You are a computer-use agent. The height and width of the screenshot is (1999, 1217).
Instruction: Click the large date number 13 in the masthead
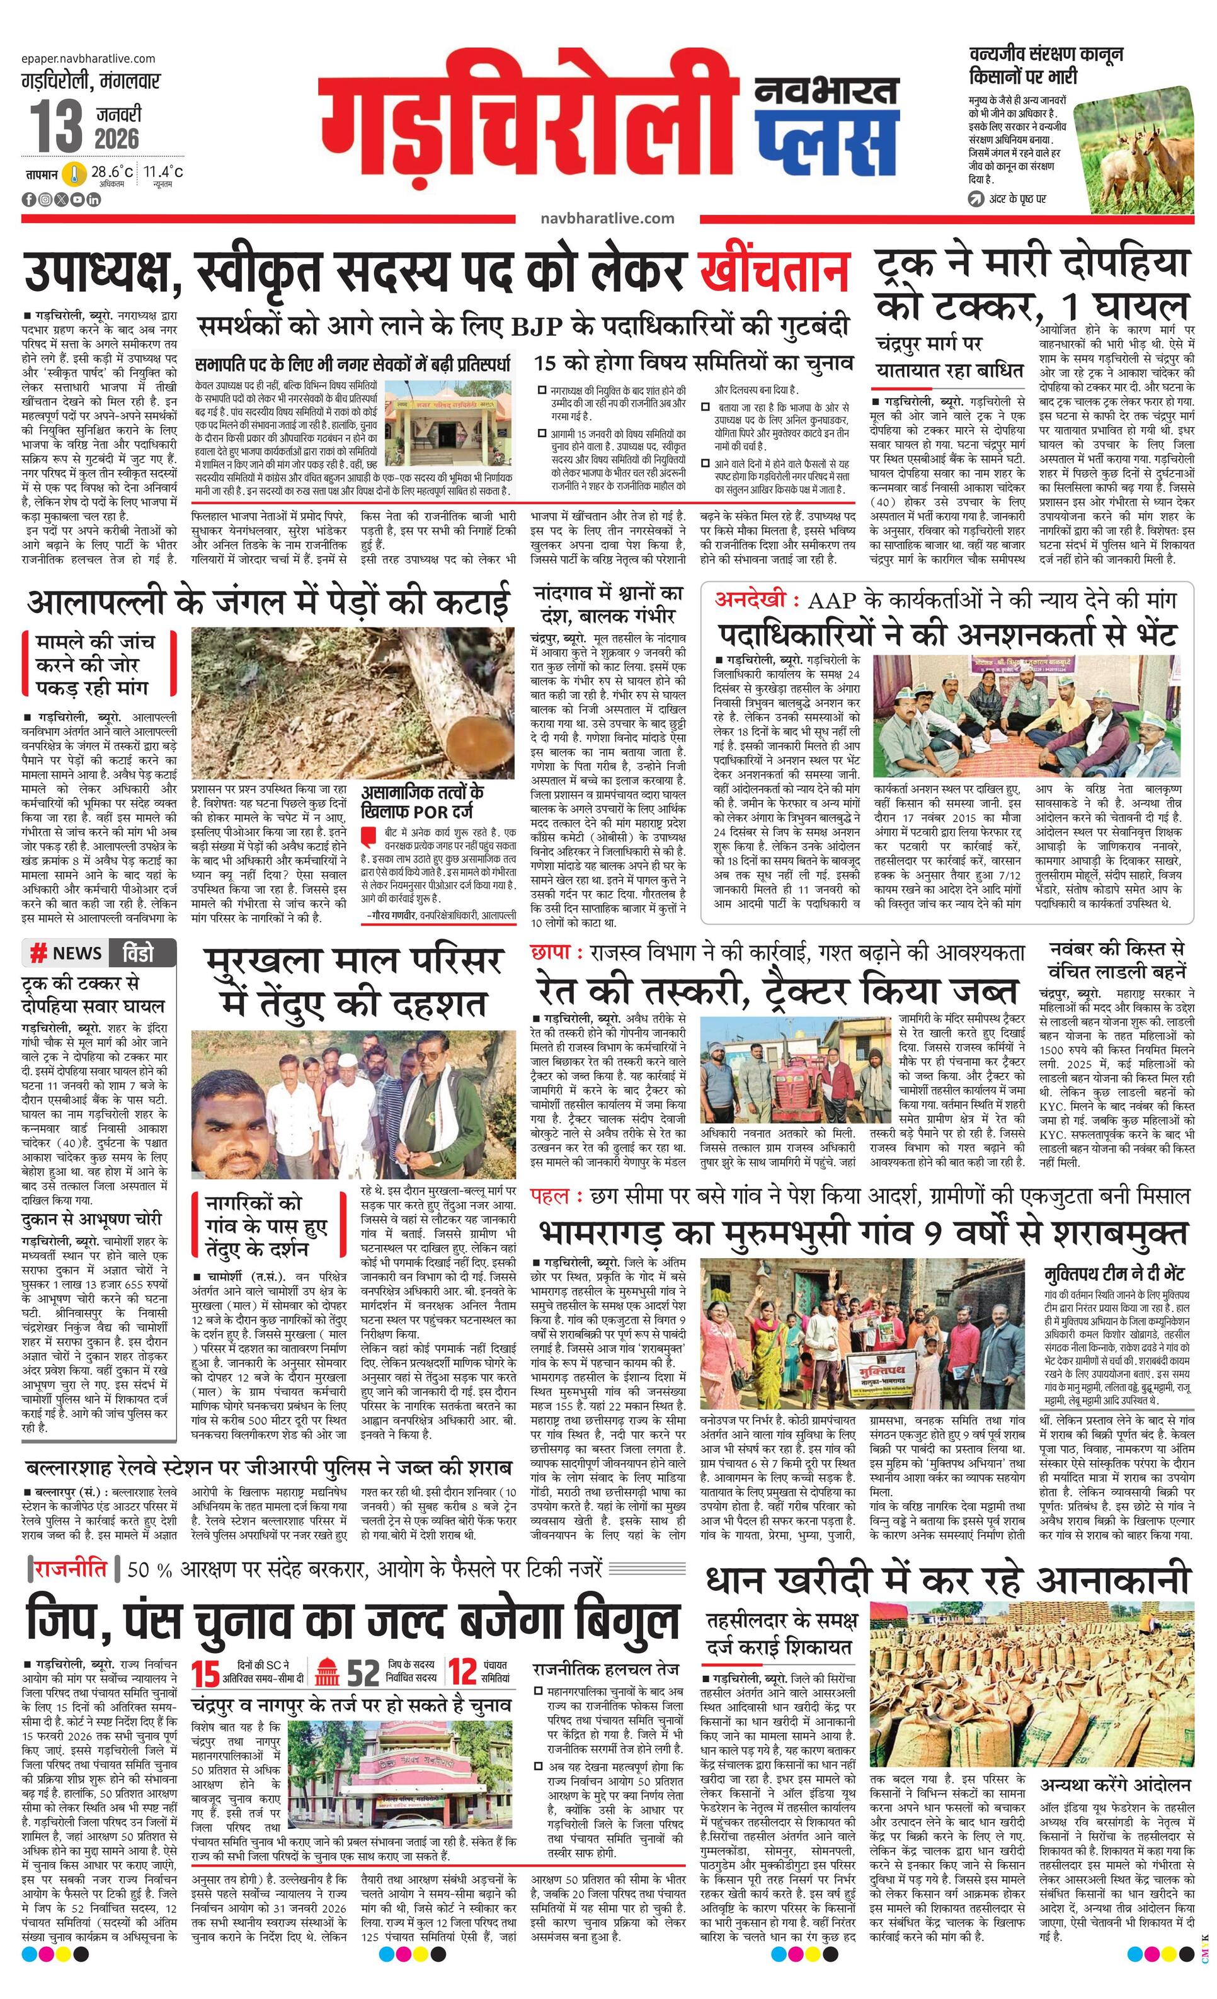[x=57, y=127]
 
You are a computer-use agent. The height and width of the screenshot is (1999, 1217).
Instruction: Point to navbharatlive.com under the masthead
[x=607, y=218]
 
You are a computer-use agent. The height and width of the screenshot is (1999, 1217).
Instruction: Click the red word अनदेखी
[x=750, y=600]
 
